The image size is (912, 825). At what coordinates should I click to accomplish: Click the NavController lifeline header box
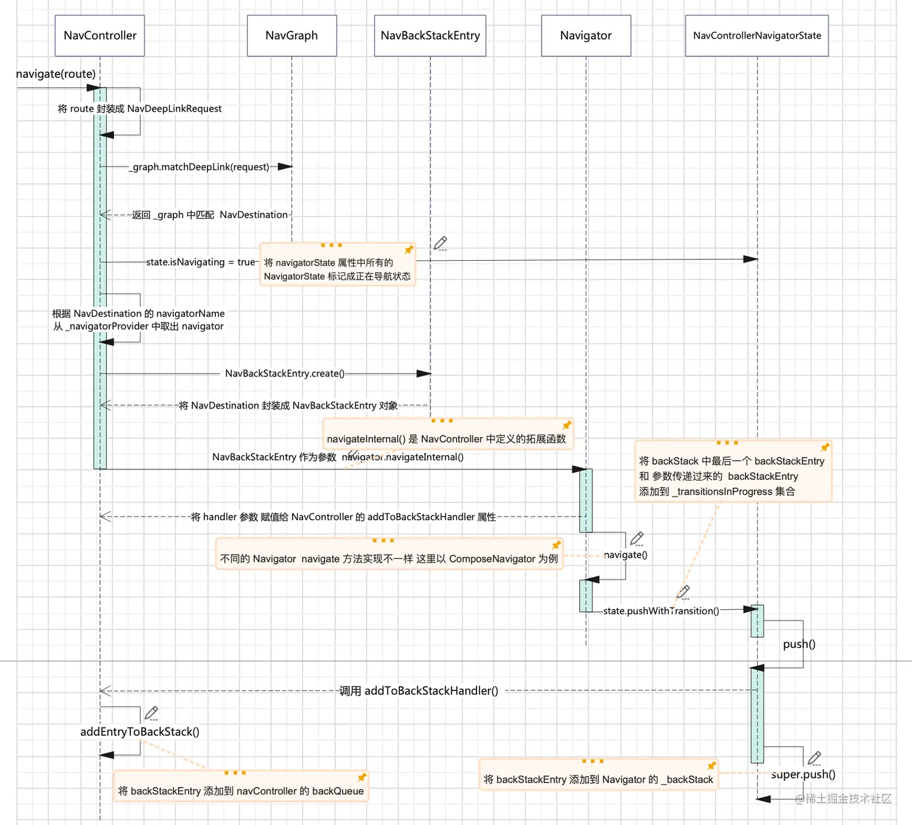(x=100, y=36)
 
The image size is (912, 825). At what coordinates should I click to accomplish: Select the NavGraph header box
(x=292, y=36)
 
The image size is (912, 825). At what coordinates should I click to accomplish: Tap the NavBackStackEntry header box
(x=430, y=36)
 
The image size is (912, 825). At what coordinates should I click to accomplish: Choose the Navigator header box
(x=586, y=36)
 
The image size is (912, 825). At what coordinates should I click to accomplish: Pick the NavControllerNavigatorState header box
(x=756, y=36)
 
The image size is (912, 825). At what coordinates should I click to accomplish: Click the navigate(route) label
(x=55, y=74)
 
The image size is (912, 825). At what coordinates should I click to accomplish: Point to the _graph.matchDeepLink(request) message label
(x=201, y=167)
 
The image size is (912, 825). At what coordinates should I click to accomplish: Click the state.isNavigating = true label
(x=201, y=262)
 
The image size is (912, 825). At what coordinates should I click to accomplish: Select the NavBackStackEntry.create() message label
(x=285, y=374)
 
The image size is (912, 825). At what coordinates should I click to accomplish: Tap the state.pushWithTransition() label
(x=661, y=611)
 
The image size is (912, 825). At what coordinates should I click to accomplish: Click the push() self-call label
(x=799, y=644)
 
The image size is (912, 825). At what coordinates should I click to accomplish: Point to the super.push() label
(x=803, y=774)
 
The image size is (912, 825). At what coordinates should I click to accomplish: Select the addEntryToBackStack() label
(x=140, y=731)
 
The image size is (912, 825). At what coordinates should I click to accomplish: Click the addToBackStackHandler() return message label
(x=419, y=690)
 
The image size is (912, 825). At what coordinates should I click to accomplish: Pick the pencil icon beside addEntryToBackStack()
(x=152, y=713)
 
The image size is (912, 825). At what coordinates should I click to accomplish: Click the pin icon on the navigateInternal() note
(x=566, y=425)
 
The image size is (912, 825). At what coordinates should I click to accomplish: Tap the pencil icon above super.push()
(x=814, y=758)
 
